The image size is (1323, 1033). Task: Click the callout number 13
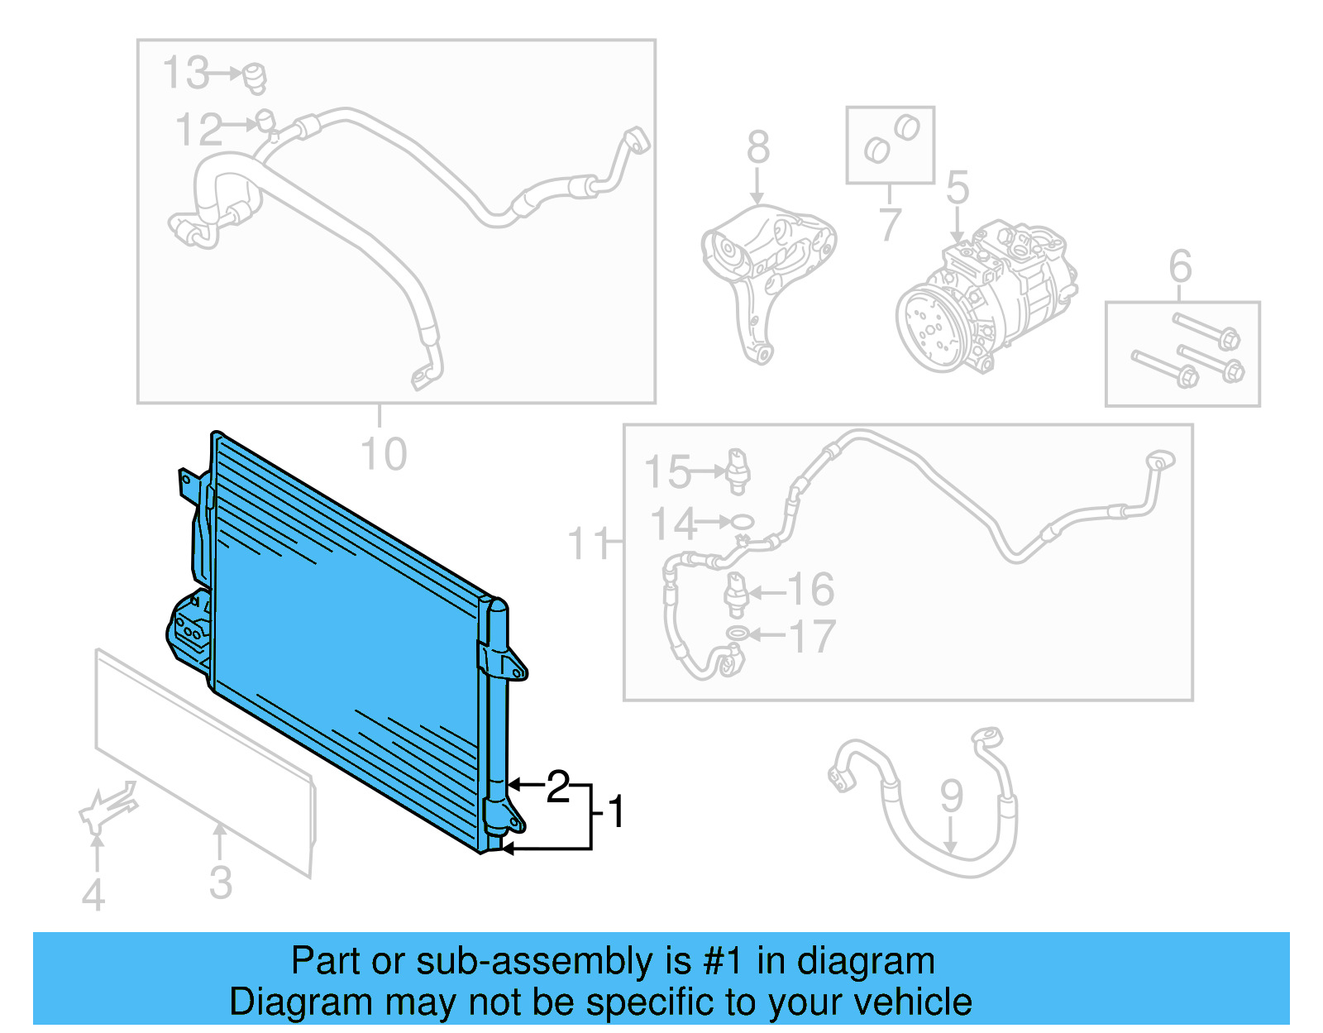[x=185, y=73]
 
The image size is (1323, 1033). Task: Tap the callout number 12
[x=198, y=131]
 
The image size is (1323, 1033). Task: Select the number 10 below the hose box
[x=384, y=455]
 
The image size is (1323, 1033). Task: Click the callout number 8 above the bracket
[x=757, y=148]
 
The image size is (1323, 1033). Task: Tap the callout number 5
[x=957, y=188]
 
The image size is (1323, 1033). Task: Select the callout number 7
[x=889, y=224]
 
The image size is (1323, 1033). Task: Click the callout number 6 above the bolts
[x=1180, y=266]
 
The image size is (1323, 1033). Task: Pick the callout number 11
[x=589, y=544]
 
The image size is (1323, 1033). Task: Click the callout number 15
[x=666, y=472]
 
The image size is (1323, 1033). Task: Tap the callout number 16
[x=810, y=590]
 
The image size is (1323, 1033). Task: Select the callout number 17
[x=813, y=637]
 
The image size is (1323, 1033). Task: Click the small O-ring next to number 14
[x=741, y=522]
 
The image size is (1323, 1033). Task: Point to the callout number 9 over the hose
[x=951, y=796]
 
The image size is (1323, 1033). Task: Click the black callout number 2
[x=558, y=787]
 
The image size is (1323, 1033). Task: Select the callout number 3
[x=220, y=882]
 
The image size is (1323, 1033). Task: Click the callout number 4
[x=93, y=895]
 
